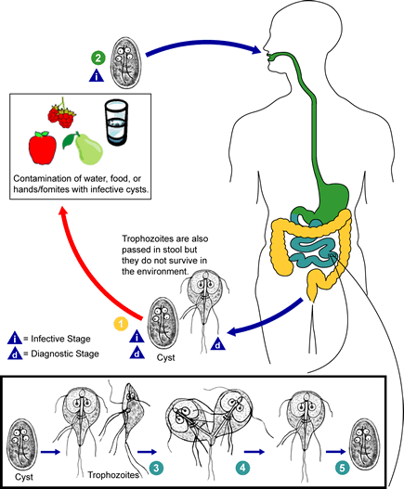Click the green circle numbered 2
(98, 58)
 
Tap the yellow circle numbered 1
(121, 324)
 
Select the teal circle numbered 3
(156, 468)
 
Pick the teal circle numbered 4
(242, 468)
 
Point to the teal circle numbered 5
(343, 468)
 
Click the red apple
(43, 148)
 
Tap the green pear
(84, 149)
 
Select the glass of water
(116, 122)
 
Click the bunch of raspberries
(62, 114)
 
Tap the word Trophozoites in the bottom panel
(113, 475)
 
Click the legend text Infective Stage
(60, 339)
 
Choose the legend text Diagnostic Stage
(65, 354)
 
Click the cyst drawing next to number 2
(125, 63)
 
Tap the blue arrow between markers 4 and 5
(336, 452)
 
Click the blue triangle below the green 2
(97, 76)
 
